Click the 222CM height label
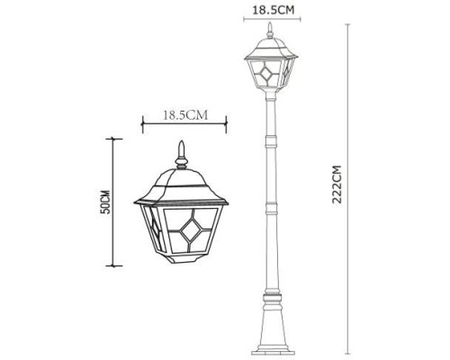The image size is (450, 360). [337, 184]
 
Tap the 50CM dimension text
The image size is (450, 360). [104, 202]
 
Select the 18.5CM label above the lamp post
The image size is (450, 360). [271, 10]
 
